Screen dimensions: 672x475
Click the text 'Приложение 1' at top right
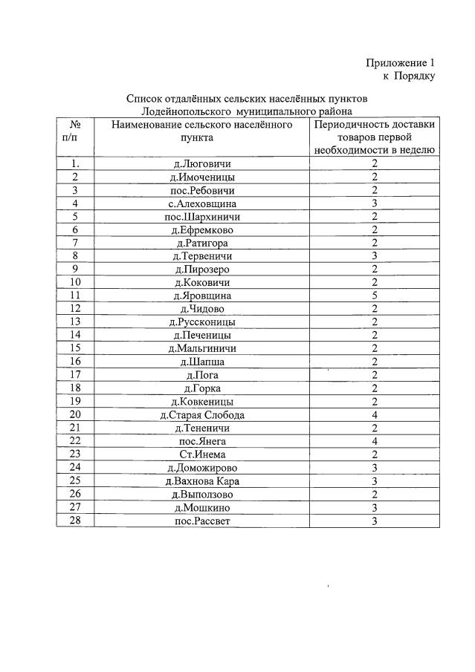tap(400, 62)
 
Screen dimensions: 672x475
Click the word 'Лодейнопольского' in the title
tap(183, 110)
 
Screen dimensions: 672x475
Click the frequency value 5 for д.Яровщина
tap(375, 296)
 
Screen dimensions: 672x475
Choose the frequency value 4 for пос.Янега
tap(375, 441)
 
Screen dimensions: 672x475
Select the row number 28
tap(75, 521)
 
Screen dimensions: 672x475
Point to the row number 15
tap(75, 348)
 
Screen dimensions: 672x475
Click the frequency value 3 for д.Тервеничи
tap(375, 256)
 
